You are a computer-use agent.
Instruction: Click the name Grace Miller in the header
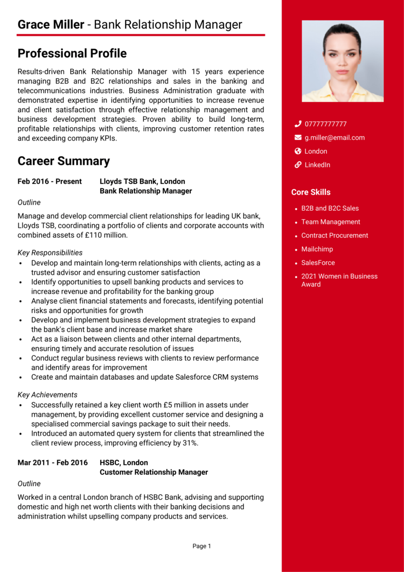51,25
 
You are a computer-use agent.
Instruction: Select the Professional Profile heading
72,53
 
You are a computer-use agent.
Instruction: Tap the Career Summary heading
64,161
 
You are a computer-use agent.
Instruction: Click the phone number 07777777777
325,124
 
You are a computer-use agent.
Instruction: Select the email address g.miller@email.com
334,137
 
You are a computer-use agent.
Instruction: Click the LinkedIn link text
317,165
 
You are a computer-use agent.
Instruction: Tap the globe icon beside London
298,151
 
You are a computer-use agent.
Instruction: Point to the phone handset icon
298,124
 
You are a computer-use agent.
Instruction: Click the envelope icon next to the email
298,137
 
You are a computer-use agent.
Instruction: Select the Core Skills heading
311,192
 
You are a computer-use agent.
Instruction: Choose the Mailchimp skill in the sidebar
317,249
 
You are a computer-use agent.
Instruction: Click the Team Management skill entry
330,222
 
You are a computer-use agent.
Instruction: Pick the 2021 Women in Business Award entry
339,280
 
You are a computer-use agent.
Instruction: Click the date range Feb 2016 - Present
50,182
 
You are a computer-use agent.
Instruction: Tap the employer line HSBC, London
123,463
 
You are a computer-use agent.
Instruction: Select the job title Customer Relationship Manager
154,472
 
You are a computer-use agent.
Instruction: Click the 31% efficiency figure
189,443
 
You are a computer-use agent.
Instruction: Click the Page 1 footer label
201,546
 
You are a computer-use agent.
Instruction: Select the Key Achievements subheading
47,395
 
